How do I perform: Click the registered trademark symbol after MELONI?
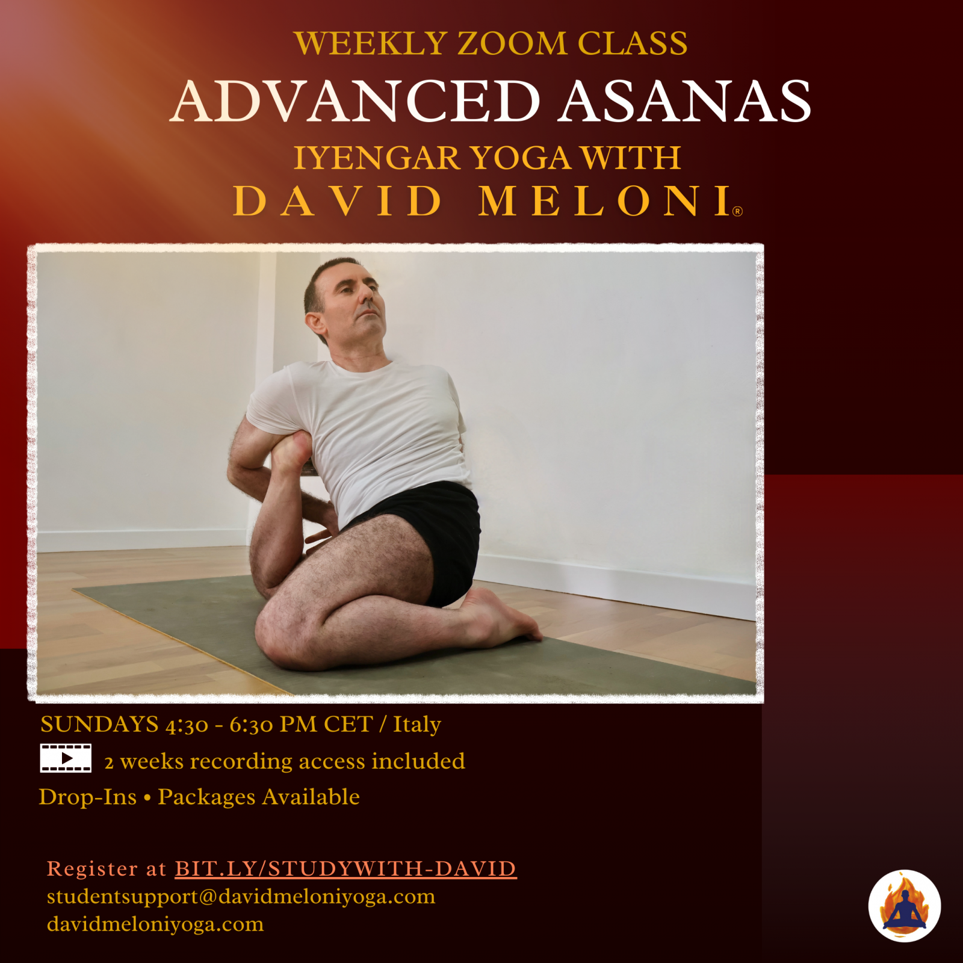739,211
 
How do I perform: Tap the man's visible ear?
315,325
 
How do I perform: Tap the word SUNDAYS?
100,724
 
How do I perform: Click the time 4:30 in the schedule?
187,725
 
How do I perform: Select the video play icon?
66,758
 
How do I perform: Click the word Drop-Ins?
88,797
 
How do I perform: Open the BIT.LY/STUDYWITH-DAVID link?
345,869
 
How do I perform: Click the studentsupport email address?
241,897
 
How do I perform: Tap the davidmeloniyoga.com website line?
155,924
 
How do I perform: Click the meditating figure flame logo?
904,906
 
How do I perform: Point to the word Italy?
417,725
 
